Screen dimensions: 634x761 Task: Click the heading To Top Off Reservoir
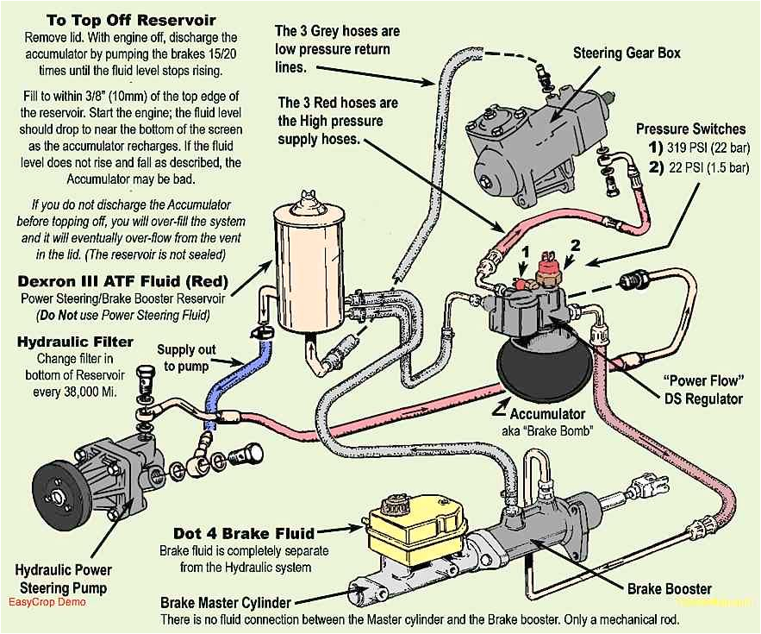[x=120, y=20]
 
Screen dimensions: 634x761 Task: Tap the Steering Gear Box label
[x=627, y=53]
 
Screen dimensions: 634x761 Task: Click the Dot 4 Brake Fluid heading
[x=244, y=533]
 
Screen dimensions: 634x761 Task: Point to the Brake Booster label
[x=669, y=589]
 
